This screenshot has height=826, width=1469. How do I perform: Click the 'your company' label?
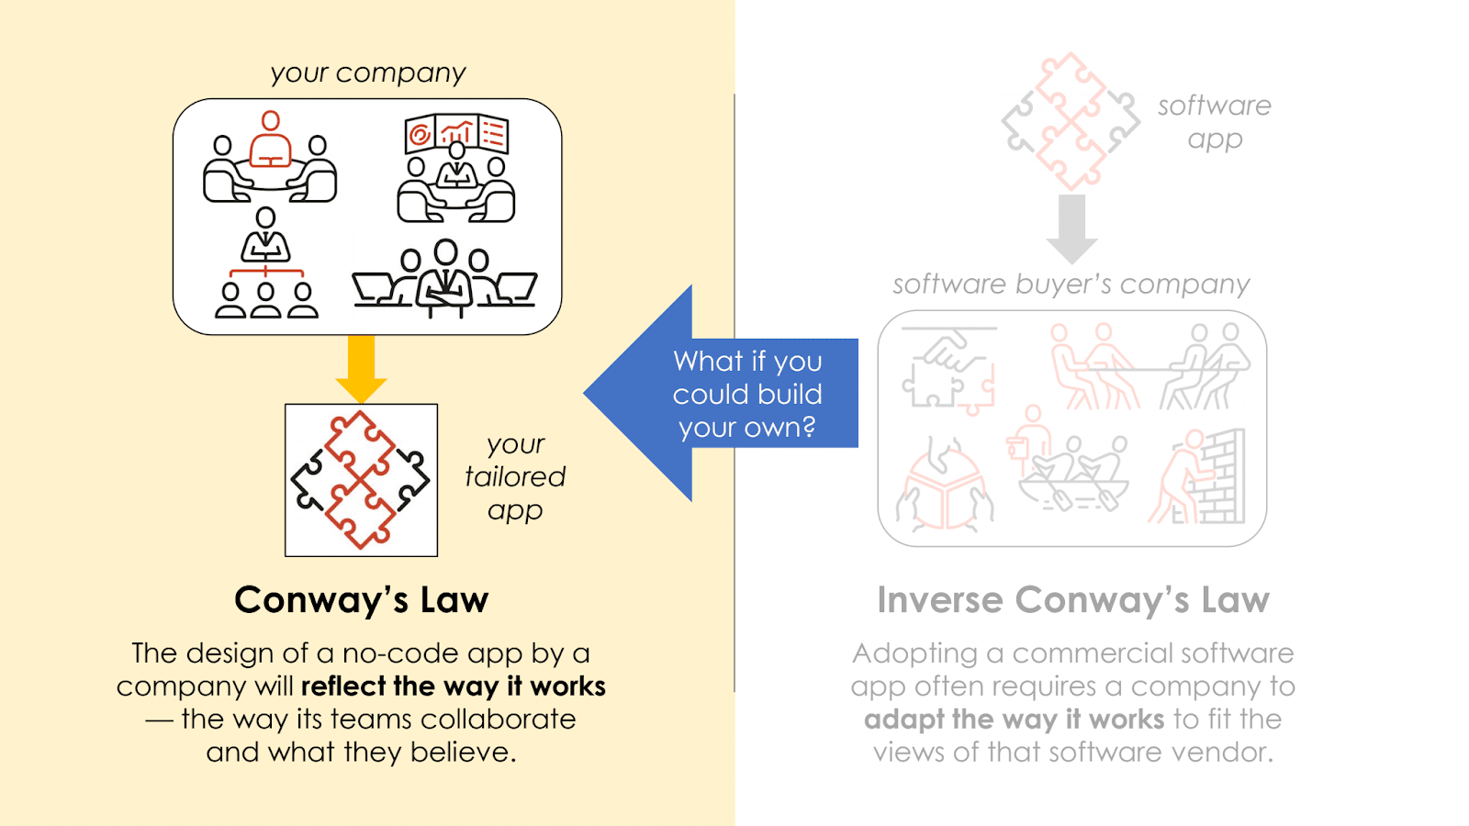[x=368, y=73]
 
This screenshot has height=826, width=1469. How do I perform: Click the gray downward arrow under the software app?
[x=1071, y=228]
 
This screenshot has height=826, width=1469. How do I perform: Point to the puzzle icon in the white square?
[x=361, y=480]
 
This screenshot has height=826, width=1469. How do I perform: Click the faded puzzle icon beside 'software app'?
[x=1071, y=122]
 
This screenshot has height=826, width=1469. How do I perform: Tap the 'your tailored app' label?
[x=515, y=477]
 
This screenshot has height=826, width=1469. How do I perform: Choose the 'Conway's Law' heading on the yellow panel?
[x=361, y=600]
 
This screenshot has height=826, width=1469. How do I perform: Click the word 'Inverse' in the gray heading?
[x=940, y=600]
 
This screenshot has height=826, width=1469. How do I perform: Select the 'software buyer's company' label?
[x=1071, y=285]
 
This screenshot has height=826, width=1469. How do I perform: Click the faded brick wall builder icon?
[x=1197, y=477]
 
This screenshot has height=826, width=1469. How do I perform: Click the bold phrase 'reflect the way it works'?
[x=454, y=686]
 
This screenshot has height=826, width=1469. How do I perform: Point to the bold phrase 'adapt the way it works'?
[x=1014, y=720]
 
